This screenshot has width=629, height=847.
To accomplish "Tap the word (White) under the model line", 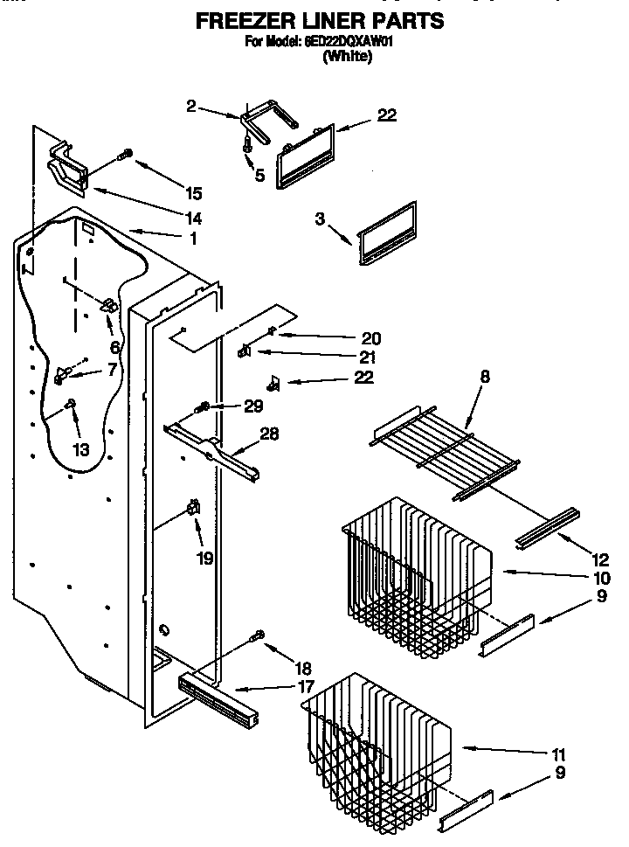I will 348,57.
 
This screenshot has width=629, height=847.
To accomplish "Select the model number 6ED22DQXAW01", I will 348,42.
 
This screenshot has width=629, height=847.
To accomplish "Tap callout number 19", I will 204,557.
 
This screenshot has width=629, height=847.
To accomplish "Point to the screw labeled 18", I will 258,635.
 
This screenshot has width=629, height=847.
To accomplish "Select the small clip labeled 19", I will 192,508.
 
